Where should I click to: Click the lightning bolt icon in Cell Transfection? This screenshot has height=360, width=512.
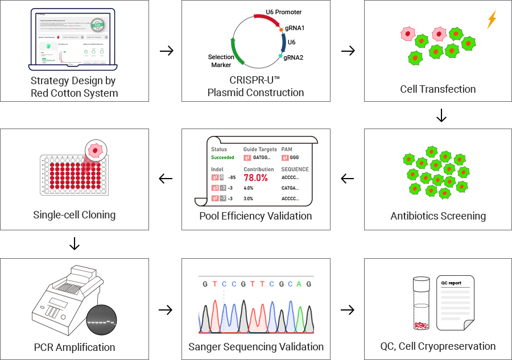click(492, 19)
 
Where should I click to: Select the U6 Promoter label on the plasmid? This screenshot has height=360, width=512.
click(284, 12)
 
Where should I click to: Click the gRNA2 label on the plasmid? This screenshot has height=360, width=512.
click(294, 57)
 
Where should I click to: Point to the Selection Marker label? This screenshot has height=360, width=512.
click(221, 61)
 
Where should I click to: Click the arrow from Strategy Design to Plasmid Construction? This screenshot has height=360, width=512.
click(166, 51)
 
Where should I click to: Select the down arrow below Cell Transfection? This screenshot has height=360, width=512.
click(441, 116)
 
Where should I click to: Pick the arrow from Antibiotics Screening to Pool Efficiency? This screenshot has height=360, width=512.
click(347, 179)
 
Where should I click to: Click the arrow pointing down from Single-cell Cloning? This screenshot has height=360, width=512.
click(74, 244)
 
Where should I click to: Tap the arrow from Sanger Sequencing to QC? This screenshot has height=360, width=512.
click(347, 310)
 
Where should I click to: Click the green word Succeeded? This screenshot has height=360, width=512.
click(222, 158)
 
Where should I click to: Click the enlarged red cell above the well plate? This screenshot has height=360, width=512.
click(95, 152)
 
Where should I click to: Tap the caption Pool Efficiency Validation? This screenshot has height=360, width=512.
click(255, 216)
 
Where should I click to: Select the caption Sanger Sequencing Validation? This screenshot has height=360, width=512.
click(256, 346)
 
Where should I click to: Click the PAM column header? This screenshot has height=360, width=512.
click(287, 149)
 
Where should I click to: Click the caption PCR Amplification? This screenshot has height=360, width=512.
click(75, 347)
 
